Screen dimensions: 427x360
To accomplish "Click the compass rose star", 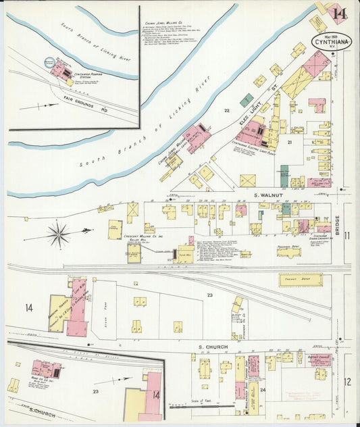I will tap(59, 234).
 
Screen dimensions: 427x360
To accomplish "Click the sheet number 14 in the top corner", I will tap(340, 14).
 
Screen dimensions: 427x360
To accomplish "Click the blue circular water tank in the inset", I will tap(49, 63).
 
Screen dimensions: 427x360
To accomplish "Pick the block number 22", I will tap(227, 110).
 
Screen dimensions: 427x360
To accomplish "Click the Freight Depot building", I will tap(300, 280).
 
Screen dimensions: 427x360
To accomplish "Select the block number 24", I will tap(262, 389).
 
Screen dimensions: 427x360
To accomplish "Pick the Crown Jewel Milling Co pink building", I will tap(198, 137).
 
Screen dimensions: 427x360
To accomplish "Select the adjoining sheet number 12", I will tap(346, 382).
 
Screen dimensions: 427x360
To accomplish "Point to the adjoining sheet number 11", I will tap(346, 235).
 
